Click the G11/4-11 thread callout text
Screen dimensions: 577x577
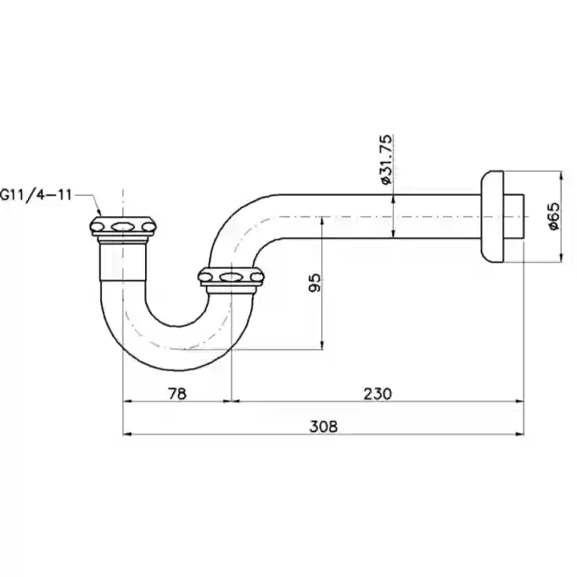tap(36, 194)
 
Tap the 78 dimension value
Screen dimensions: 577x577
tap(177, 394)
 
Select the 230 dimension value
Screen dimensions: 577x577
tap(378, 394)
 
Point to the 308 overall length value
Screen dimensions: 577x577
tap(324, 427)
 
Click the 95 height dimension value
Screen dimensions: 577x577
tap(315, 282)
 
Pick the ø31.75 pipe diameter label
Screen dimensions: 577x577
tap(386, 159)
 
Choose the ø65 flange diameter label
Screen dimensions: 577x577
tap(553, 217)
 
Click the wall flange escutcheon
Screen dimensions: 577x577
tap(492, 217)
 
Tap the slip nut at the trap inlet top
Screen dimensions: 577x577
tap(123, 226)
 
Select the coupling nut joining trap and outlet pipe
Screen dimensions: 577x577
tap(231, 277)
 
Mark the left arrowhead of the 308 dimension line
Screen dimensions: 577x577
tap(127, 434)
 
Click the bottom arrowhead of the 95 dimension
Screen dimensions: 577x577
tap(322, 345)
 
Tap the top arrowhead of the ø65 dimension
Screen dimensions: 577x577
tap(561, 176)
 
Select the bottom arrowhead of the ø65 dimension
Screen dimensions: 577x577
tap(561, 257)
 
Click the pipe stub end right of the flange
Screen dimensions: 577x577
tap(514, 217)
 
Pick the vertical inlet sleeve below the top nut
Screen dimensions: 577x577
tap(123, 262)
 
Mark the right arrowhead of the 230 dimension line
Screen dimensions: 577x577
tap(519, 402)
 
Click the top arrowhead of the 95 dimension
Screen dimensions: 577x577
tap(322, 221)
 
